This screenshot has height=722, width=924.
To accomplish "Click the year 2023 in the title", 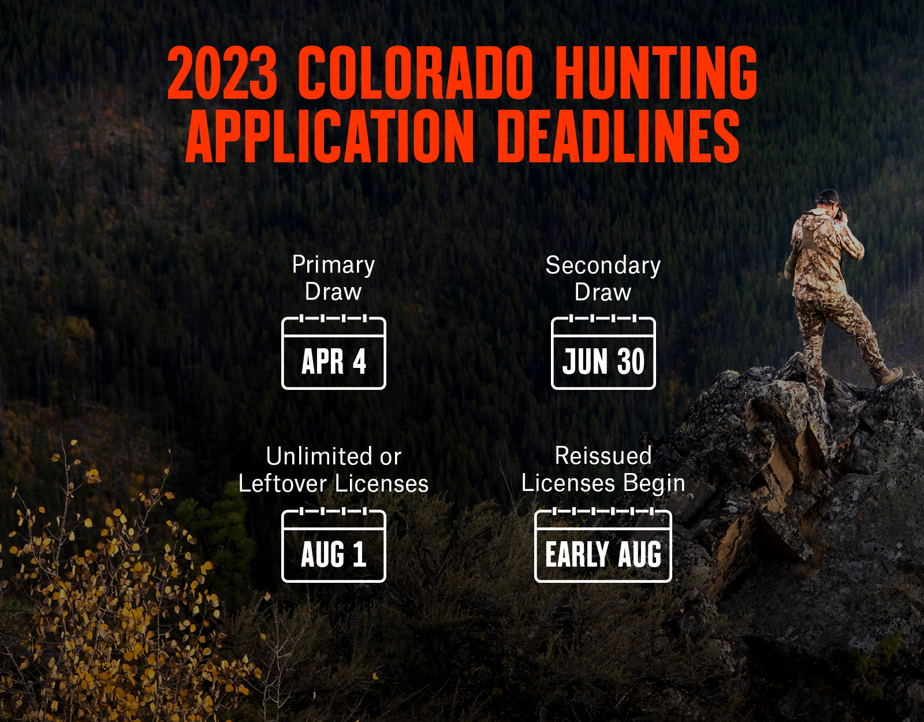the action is tap(222, 72).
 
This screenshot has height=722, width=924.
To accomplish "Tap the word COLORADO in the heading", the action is tap(415, 72).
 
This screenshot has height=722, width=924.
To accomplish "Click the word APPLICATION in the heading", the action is tap(330, 136).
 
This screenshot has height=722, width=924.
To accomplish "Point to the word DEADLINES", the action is tap(619, 136).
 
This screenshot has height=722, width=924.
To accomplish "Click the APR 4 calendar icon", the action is tap(334, 352).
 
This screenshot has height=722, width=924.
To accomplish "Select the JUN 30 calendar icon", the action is tap(603, 352).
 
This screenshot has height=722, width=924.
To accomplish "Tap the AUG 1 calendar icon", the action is tap(334, 545).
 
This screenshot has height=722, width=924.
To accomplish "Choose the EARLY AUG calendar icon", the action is tap(603, 545).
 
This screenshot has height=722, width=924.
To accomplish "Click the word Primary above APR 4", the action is tap(333, 265).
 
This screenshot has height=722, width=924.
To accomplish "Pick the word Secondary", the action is tap(603, 265).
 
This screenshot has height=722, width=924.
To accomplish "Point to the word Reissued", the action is tap(603, 456).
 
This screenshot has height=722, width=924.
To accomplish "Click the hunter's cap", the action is tap(829, 196).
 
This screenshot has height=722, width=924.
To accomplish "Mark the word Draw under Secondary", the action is tap(603, 292).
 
